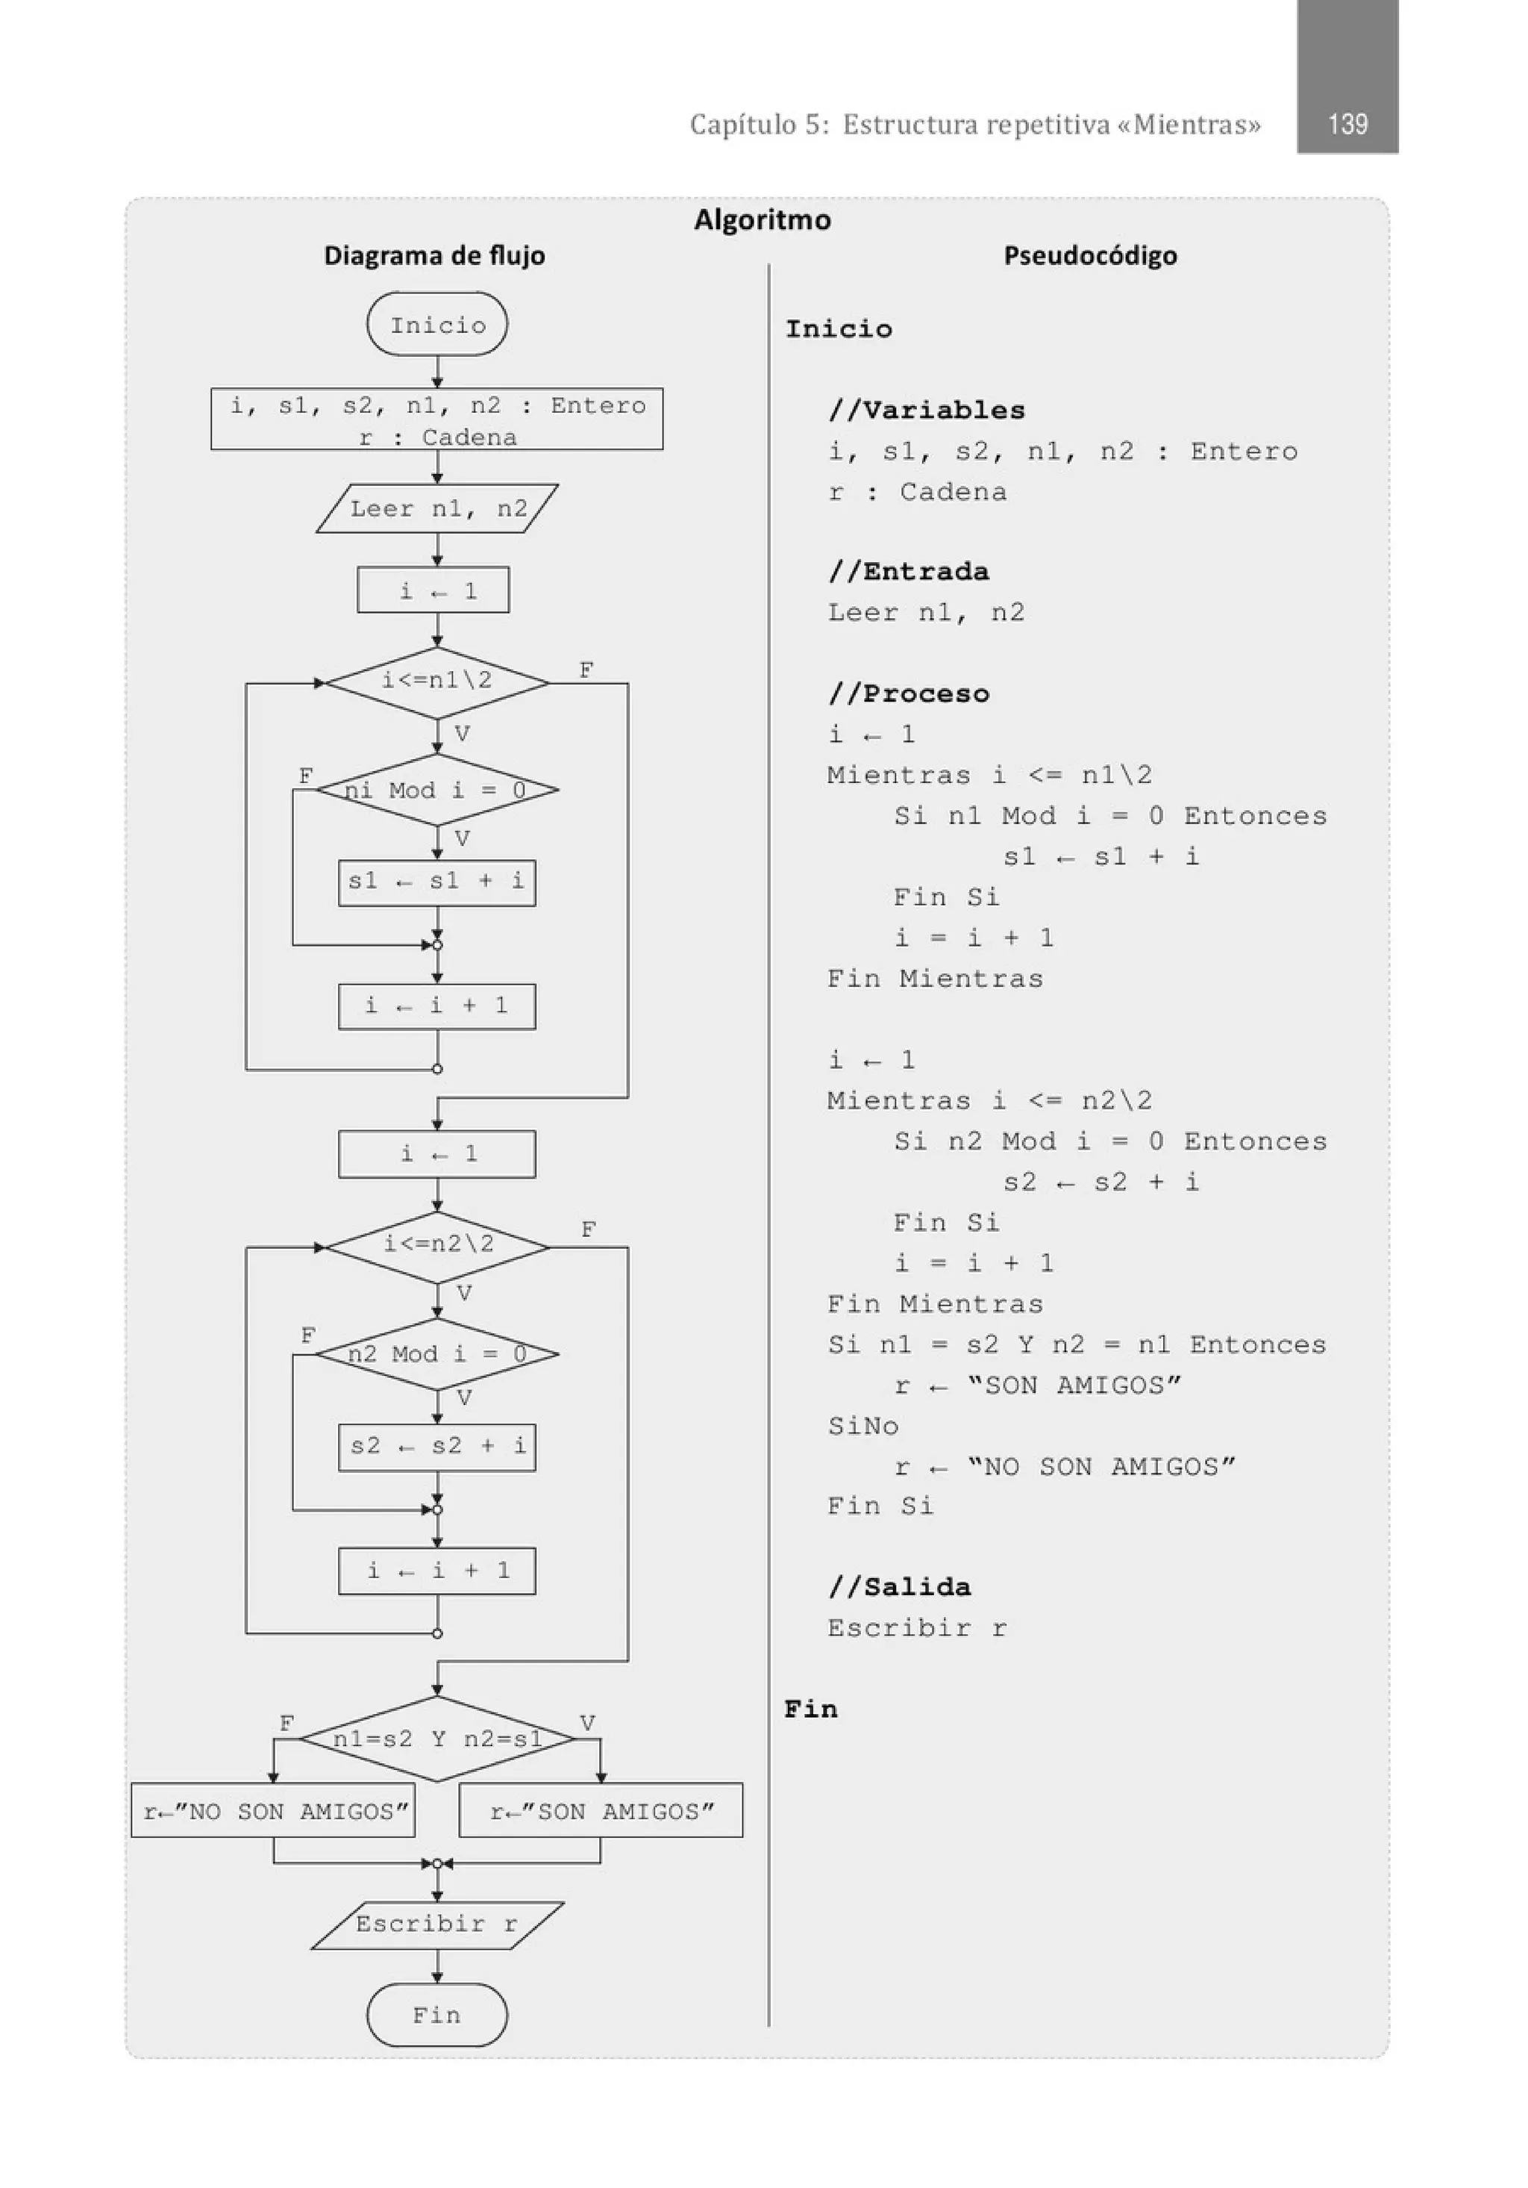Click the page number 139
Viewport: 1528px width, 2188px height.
(x=1347, y=124)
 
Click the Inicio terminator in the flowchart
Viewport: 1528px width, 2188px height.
(x=437, y=325)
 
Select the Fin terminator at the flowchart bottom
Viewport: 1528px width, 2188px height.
(x=437, y=2015)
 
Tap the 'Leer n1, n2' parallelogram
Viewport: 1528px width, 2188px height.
(x=437, y=509)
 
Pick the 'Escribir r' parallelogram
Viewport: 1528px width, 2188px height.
(x=437, y=1924)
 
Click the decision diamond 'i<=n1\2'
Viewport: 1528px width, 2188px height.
(x=437, y=682)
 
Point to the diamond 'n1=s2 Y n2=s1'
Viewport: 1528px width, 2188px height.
(x=437, y=1739)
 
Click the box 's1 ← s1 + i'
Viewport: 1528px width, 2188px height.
(x=437, y=882)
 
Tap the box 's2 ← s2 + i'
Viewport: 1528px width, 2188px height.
(x=437, y=1447)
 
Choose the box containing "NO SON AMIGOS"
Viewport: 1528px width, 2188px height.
(x=273, y=1810)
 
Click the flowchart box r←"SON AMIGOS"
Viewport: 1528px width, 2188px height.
(x=601, y=1810)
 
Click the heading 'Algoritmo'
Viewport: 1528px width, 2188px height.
(x=762, y=220)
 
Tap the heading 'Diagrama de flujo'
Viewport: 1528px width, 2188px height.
(x=434, y=255)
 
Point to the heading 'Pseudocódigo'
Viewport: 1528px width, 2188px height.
(x=1090, y=255)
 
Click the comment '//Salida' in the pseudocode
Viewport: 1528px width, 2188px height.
(x=899, y=1586)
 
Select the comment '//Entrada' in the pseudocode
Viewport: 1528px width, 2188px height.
(x=908, y=572)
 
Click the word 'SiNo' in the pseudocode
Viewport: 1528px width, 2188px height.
(x=863, y=1427)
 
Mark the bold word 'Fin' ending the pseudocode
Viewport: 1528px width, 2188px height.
(x=811, y=1709)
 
